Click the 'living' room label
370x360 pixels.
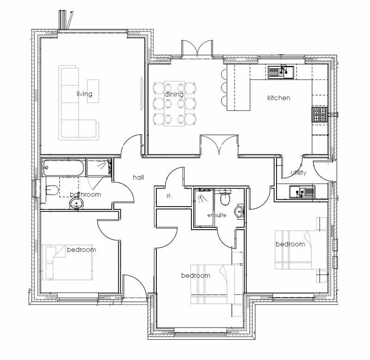(85, 94)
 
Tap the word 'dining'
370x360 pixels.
(174, 94)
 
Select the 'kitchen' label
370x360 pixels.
(279, 98)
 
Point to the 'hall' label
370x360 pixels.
(138, 177)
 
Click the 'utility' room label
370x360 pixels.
(298, 172)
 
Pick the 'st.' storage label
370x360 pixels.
(169, 195)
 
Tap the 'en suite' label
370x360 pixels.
(217, 215)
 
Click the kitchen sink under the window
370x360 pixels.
(281, 72)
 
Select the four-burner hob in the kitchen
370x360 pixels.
(320, 114)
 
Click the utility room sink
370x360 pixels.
(302, 192)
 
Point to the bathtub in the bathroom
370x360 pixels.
(63, 168)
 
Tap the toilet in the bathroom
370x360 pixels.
(51, 190)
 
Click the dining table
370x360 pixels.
(175, 104)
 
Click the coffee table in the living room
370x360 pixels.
(93, 91)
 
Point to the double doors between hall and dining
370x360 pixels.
(219, 145)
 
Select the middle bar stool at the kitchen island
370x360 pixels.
(224, 88)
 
